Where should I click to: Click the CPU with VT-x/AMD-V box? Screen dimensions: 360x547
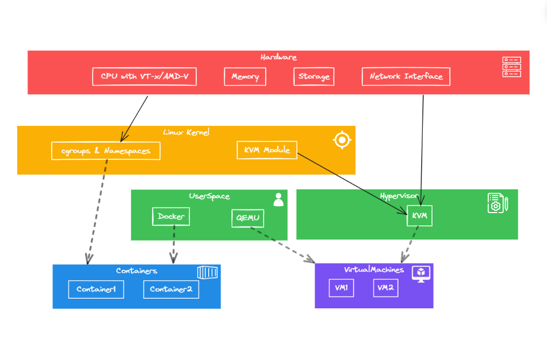(144, 76)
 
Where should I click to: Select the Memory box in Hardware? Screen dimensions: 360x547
(245, 76)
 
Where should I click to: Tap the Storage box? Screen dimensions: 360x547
(314, 76)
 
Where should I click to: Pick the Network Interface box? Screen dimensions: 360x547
(406, 76)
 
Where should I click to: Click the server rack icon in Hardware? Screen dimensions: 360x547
(511, 67)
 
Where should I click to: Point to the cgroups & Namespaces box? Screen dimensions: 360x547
(106, 151)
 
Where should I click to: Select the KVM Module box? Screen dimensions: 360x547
(267, 150)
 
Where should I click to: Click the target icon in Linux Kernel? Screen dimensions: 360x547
(342, 140)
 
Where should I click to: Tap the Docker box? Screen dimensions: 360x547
(171, 216)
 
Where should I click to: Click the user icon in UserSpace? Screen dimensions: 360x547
(278, 200)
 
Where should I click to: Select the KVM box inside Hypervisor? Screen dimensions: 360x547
(419, 216)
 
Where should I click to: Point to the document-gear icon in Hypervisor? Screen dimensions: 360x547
(497, 203)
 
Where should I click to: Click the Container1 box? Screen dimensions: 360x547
(96, 289)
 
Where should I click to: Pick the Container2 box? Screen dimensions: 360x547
(171, 289)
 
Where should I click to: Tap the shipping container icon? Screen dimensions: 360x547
(207, 272)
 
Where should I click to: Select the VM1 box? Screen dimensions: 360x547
(341, 287)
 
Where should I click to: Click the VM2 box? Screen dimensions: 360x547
(386, 287)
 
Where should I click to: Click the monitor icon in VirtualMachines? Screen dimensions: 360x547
(421, 273)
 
